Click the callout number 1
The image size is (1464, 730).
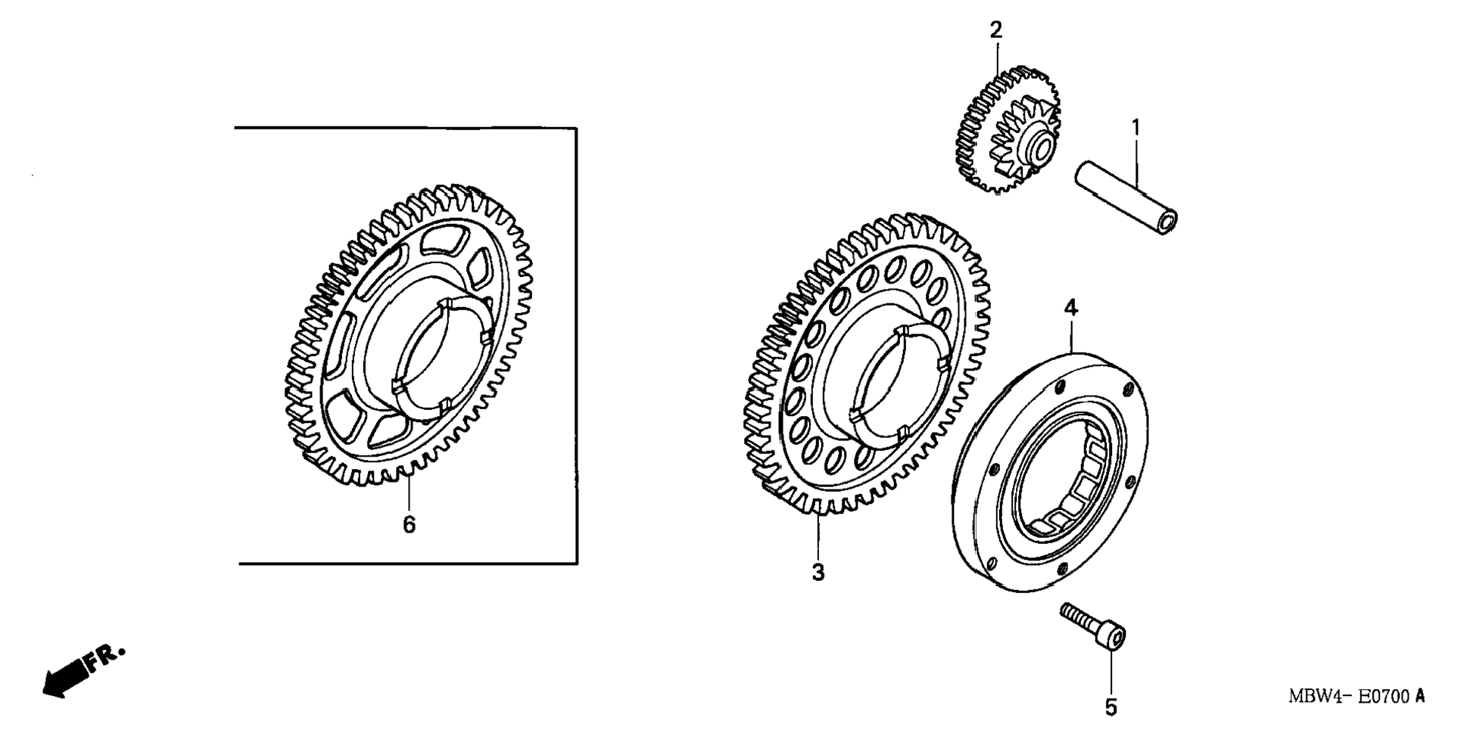(x=1135, y=127)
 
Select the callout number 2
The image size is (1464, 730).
(x=996, y=30)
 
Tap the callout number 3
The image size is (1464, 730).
(x=818, y=573)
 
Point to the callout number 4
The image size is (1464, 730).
(x=1070, y=308)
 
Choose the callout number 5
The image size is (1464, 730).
(x=1111, y=707)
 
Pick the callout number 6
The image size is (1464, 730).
(x=409, y=524)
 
